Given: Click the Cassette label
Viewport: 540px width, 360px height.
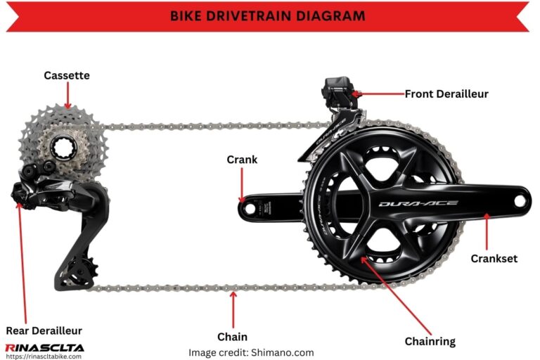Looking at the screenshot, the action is click(x=67, y=75).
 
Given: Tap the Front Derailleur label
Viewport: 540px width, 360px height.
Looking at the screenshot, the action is click(x=446, y=94).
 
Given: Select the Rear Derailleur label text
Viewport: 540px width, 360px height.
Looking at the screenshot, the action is click(x=44, y=330).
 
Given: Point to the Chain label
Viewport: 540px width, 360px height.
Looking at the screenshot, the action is click(x=233, y=337).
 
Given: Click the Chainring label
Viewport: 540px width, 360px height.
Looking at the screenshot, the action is click(x=430, y=342).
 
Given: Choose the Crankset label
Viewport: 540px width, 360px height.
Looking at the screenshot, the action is click(x=494, y=258).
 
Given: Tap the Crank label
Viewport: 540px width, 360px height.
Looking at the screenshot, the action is click(x=242, y=160).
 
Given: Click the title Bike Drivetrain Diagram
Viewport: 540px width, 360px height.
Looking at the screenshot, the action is click(x=268, y=16).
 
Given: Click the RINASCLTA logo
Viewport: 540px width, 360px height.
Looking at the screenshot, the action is click(x=45, y=347).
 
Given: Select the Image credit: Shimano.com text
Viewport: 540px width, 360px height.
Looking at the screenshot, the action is click(x=251, y=353).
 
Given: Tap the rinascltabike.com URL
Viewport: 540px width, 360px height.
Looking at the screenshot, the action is click(x=44, y=356).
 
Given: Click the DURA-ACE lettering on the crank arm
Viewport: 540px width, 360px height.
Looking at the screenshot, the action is click(x=418, y=204).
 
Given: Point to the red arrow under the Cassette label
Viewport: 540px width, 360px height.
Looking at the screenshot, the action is click(x=67, y=96).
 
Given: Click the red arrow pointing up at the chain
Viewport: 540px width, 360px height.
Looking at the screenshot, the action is click(x=233, y=309).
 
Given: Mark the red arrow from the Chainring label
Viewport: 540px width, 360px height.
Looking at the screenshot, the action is click(x=396, y=296).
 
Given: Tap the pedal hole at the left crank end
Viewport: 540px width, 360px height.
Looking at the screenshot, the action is click(x=250, y=208).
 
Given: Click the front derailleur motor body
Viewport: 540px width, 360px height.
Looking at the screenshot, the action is click(x=338, y=91).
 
